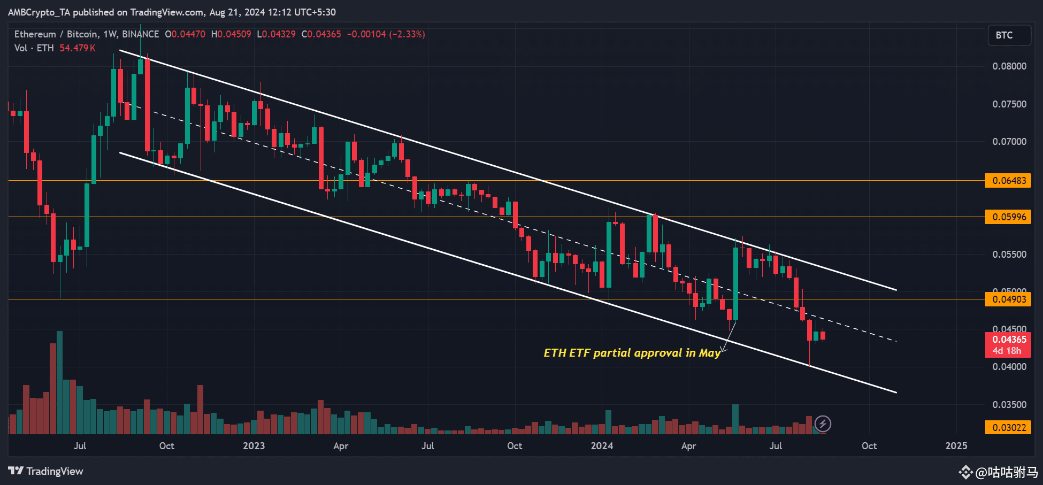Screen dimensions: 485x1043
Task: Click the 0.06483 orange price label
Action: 1008,181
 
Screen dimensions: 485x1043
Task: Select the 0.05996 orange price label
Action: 1008,217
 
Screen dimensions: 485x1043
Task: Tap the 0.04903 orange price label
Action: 1008,299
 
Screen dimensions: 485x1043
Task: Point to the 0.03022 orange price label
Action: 1008,428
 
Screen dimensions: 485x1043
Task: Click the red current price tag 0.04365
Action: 1008,340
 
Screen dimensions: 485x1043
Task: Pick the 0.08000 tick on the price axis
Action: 1009,66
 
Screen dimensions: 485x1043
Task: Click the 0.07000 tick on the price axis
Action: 1009,142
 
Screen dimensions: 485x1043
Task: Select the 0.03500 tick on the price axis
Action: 1009,405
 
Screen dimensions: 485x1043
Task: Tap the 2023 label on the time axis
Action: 254,446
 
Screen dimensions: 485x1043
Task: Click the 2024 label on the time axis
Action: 602,446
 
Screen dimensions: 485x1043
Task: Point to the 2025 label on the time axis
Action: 956,446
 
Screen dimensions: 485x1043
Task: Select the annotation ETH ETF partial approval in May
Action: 632,353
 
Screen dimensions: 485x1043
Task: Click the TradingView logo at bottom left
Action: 46,471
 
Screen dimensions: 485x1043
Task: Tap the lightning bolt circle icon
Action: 823,424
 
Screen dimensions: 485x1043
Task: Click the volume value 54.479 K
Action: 78,48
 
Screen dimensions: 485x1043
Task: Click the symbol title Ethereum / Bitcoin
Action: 56,34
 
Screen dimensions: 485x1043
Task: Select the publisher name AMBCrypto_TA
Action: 39,12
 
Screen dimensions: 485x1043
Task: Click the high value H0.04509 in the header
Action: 231,34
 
